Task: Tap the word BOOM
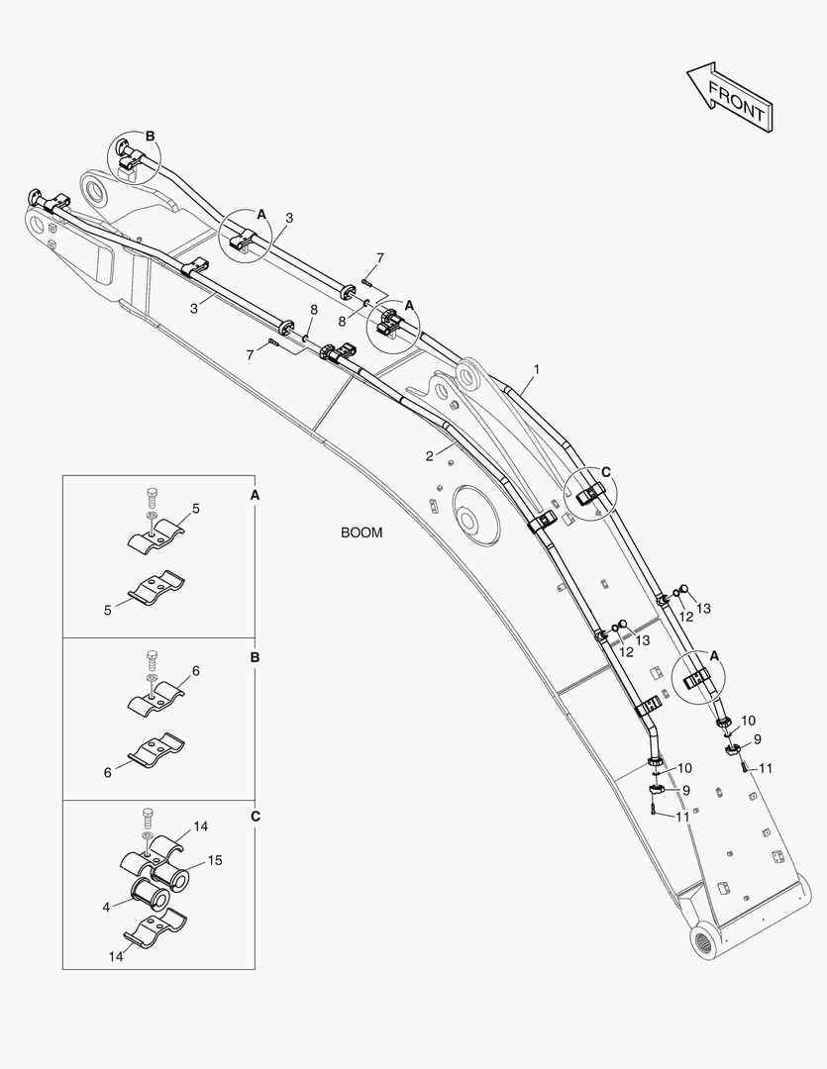tap(362, 533)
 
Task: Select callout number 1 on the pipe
tap(536, 369)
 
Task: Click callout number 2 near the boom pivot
tap(429, 456)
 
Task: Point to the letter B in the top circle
tap(151, 136)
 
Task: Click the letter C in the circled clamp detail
tap(606, 471)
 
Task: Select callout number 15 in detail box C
tap(215, 861)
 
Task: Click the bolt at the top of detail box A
tap(151, 495)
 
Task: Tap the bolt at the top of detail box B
tap(151, 657)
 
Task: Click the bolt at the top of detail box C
tap(149, 818)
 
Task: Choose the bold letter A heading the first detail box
tap(255, 493)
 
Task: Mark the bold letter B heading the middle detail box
tap(255, 656)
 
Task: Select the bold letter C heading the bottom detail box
tap(255, 817)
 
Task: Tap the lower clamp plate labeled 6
tap(159, 753)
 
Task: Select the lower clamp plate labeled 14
tap(158, 934)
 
